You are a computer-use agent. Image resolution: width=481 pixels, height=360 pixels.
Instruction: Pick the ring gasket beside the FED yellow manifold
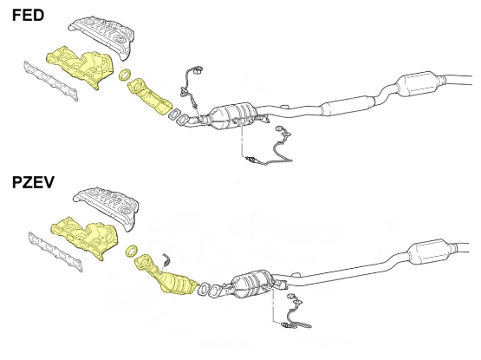point(124,76)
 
